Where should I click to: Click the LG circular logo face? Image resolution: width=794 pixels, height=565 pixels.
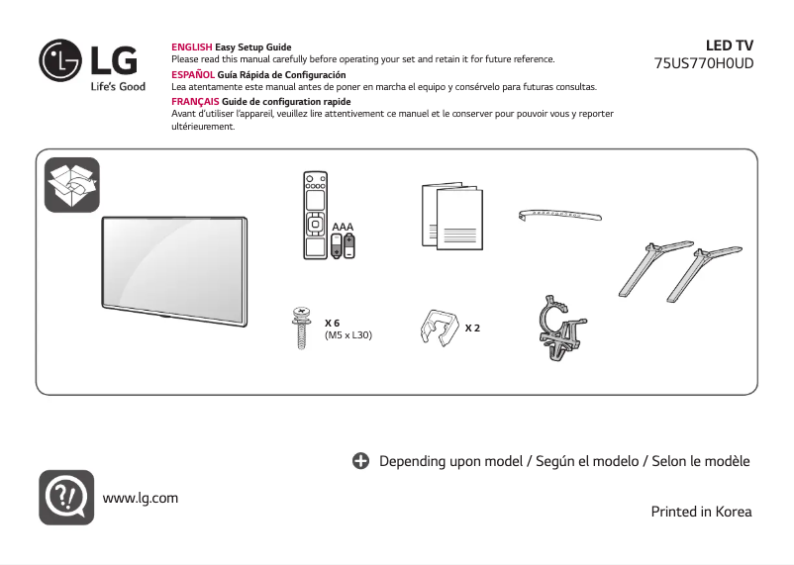pyautogui.click(x=59, y=60)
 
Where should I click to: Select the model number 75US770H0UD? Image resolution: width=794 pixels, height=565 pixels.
pyautogui.click(x=704, y=62)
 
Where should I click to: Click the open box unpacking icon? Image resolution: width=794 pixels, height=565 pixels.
pyautogui.click(x=72, y=184)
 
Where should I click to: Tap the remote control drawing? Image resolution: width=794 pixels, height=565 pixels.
pyautogui.click(x=315, y=217)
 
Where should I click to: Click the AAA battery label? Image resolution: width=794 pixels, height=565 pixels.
pyautogui.click(x=343, y=228)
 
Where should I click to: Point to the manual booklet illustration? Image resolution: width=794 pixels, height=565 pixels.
pyautogui.click(x=450, y=217)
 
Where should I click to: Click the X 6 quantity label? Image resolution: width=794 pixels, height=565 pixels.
pyautogui.click(x=333, y=324)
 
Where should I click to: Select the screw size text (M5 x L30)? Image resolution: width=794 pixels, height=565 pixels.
pyautogui.click(x=348, y=334)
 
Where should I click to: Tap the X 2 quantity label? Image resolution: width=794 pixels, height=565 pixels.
pyautogui.click(x=472, y=327)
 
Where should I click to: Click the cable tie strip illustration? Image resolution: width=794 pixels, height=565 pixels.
pyautogui.click(x=560, y=215)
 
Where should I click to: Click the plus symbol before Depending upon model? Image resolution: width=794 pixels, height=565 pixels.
pyautogui.click(x=361, y=461)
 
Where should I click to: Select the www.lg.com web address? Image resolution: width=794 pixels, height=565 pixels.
pyautogui.click(x=141, y=497)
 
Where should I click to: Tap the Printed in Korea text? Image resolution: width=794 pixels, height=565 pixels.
pyautogui.click(x=701, y=512)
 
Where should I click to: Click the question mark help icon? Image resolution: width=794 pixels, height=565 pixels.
pyautogui.click(x=66, y=497)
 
